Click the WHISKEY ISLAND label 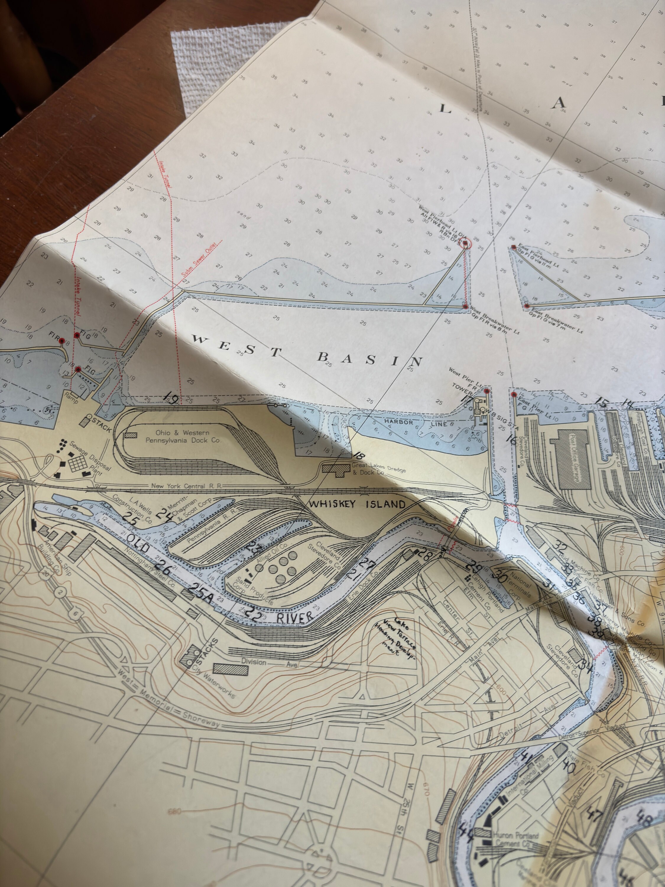tap(357, 504)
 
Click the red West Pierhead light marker tap(465, 243)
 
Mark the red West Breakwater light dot tap(465, 306)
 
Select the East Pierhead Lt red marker tap(513, 248)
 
